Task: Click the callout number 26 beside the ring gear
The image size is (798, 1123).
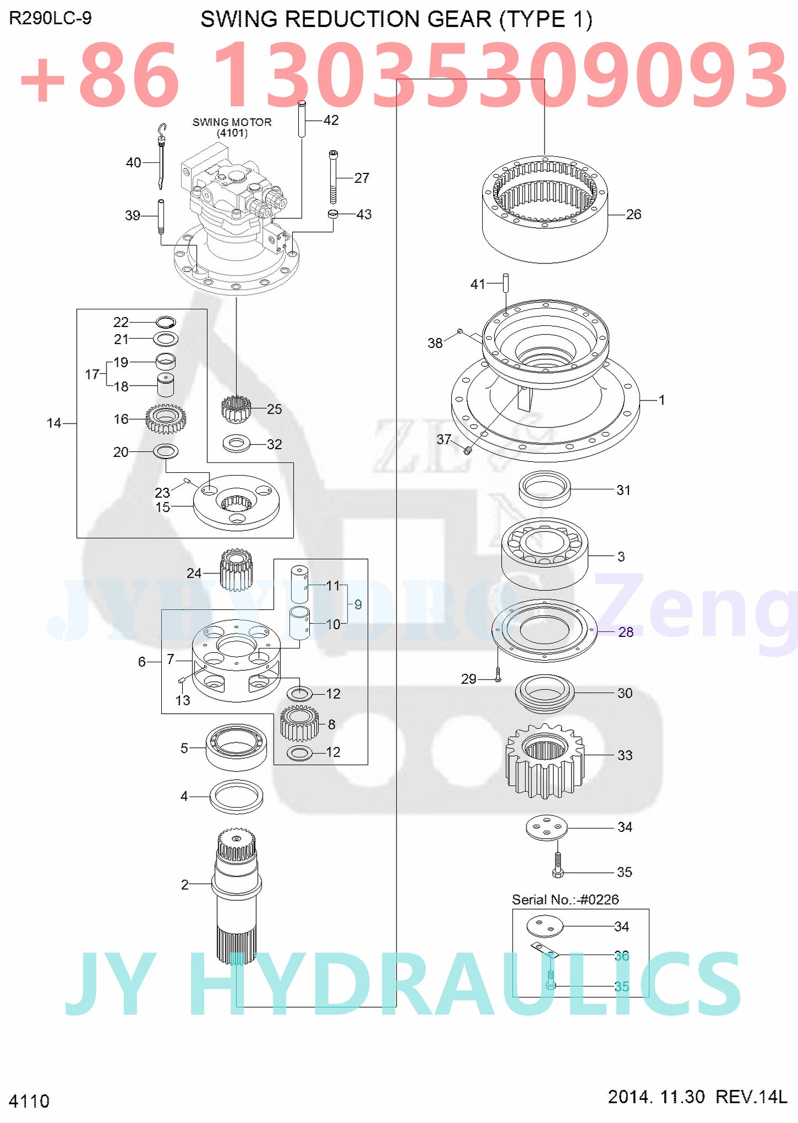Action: (633, 214)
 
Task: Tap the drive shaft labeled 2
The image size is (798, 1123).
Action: (236, 895)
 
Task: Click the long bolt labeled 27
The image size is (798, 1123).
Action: (333, 178)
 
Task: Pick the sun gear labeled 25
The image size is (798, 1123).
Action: (236, 409)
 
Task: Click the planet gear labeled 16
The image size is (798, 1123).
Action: (166, 419)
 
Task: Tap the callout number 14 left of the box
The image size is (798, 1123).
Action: (54, 423)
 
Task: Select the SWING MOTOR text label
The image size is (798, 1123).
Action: (232, 122)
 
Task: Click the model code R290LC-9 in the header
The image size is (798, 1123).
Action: (50, 18)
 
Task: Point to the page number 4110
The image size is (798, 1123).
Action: (29, 1101)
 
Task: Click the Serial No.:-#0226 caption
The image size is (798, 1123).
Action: (565, 899)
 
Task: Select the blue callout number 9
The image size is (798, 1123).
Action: (358, 604)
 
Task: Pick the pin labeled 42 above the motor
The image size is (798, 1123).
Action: (302, 118)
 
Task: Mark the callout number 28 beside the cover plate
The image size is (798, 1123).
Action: (625, 631)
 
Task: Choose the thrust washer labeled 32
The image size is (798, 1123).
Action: (236, 444)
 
